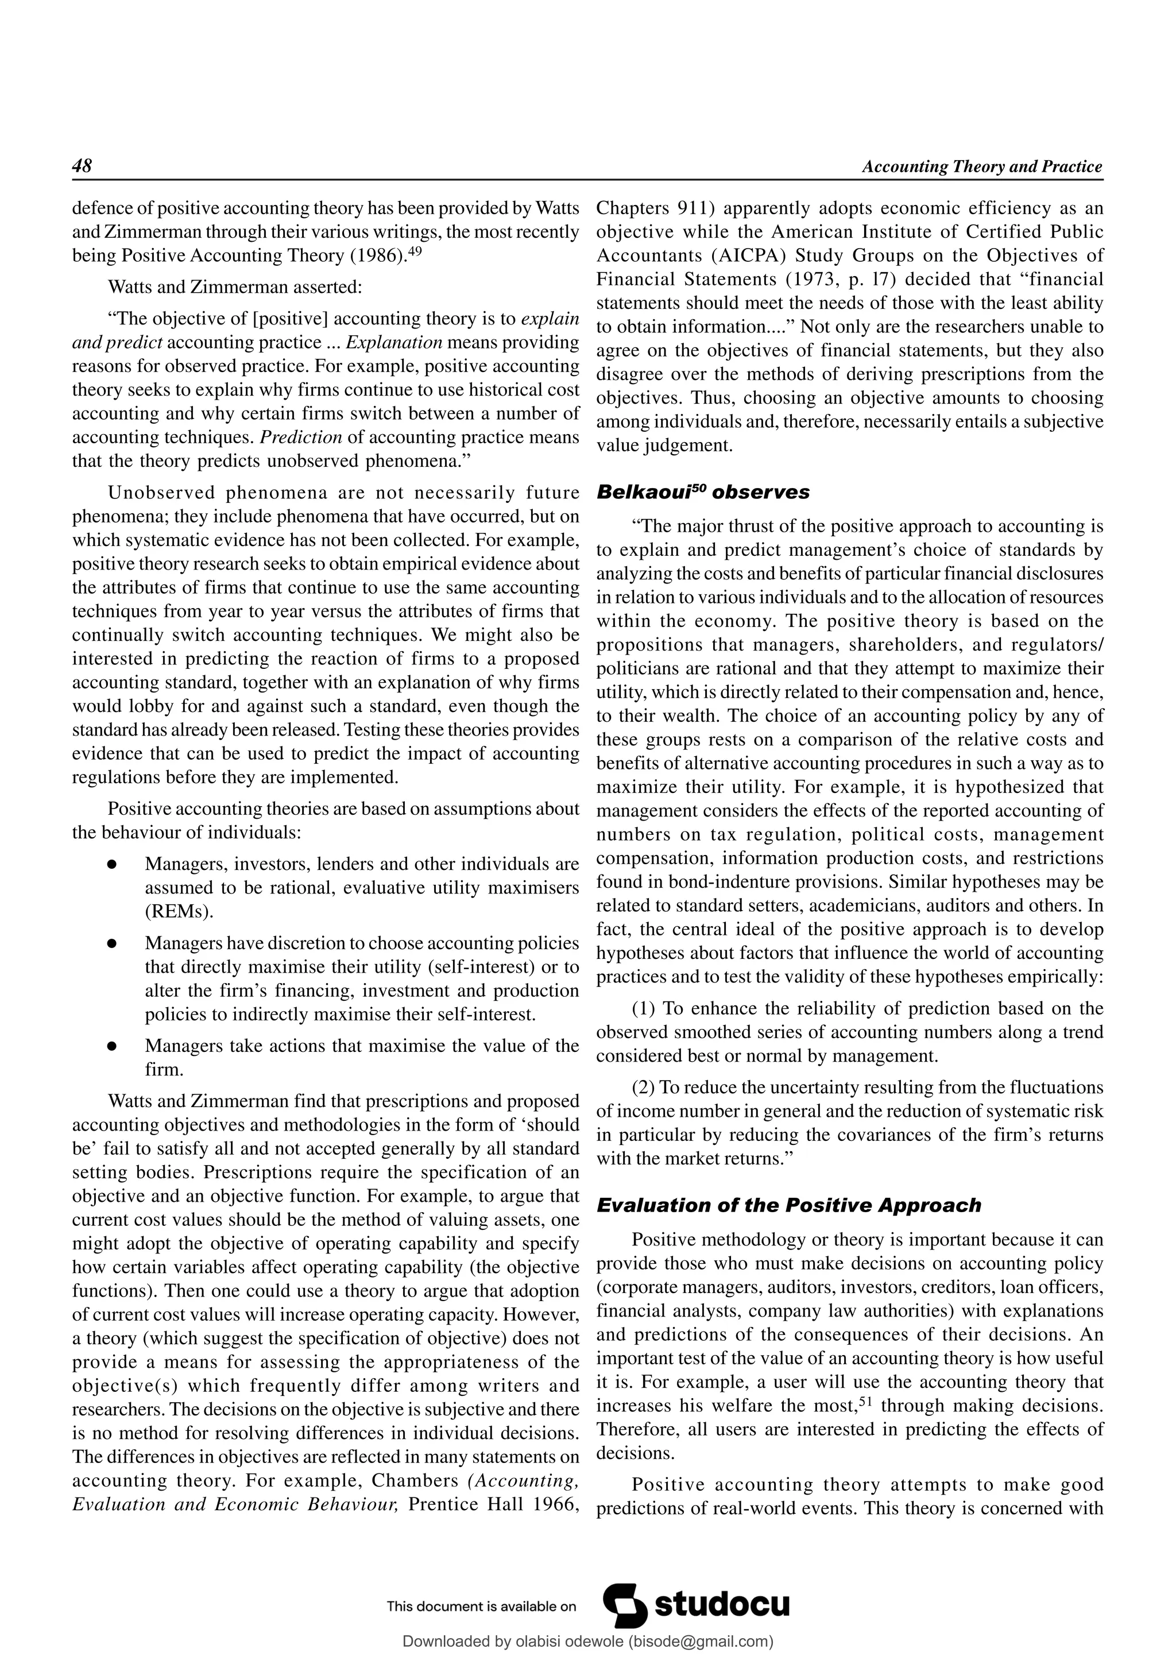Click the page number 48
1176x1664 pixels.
point(82,166)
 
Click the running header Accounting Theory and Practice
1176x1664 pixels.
point(982,167)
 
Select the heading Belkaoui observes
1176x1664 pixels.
point(703,492)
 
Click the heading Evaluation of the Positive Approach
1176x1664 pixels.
point(788,1205)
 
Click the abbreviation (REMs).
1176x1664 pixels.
point(179,911)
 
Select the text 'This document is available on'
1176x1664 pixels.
point(481,1606)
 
